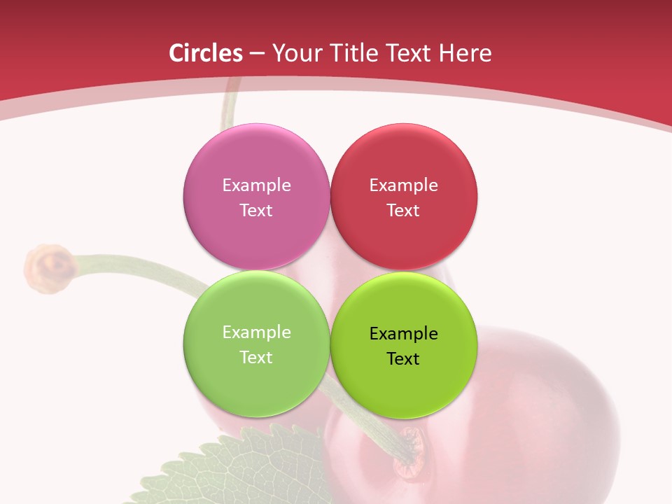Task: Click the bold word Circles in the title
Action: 206,53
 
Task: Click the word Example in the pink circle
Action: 256,185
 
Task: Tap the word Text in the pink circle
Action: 256,211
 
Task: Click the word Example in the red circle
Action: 404,185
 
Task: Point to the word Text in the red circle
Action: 404,211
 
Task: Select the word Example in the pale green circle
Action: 256,332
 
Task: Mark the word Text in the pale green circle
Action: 256,358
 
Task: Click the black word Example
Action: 404,334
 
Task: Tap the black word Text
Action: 404,359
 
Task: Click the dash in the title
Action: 256,54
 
